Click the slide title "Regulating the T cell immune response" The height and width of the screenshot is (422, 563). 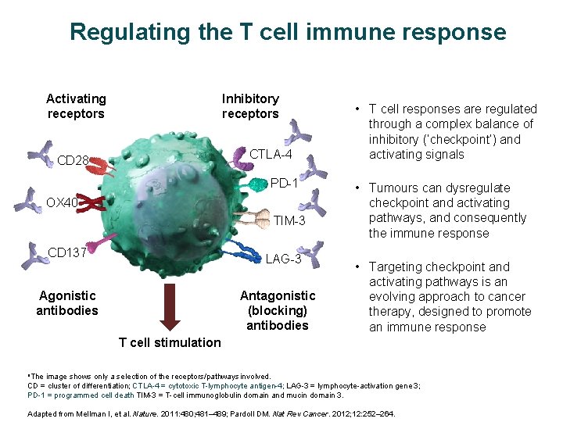288,32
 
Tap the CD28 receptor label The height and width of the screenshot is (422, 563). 73,161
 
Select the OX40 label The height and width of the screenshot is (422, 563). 61,203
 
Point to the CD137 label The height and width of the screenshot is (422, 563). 66,252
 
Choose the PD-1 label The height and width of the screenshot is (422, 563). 285,184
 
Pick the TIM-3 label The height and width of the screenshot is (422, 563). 289,221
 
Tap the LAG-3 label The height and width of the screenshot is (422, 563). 283,259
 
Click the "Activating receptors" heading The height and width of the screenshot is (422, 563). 76,106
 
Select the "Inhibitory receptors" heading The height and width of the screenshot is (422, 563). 250,106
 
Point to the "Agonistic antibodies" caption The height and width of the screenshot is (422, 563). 67,302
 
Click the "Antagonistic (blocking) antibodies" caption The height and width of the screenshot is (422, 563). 278,310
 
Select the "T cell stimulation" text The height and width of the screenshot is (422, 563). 170,342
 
